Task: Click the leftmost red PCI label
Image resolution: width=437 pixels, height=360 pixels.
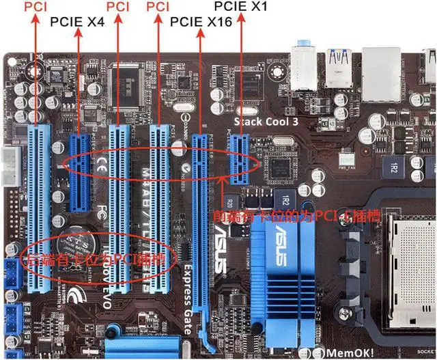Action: pos(36,8)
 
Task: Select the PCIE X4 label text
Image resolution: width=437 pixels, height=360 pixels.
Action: pos(77,21)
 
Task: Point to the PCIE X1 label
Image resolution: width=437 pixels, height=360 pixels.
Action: pos(240,8)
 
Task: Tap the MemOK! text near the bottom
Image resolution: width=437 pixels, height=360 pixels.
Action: pos(349,352)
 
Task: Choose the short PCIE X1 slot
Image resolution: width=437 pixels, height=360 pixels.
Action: pos(240,159)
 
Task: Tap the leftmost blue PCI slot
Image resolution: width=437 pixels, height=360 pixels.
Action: pos(42,205)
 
